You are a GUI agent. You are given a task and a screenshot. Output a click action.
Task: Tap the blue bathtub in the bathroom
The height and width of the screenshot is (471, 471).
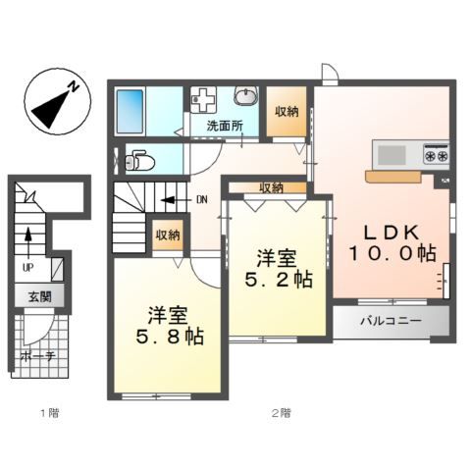click(x=131, y=112)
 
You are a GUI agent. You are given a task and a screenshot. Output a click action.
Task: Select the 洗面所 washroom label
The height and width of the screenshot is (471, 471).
click(x=226, y=126)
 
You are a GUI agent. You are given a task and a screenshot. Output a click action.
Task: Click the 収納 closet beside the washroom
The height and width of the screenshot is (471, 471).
click(x=287, y=112)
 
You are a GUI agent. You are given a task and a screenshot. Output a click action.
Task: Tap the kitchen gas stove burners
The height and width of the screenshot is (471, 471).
click(x=436, y=154)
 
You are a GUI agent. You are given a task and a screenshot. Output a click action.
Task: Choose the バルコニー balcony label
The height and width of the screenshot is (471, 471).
click(x=390, y=321)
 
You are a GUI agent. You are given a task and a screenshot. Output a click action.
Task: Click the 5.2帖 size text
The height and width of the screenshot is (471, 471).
click(x=279, y=280)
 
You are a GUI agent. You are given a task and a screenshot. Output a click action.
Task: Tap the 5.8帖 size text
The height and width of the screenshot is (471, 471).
click(x=169, y=337)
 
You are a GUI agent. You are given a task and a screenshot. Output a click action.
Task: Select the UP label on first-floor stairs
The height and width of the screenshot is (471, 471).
click(x=27, y=265)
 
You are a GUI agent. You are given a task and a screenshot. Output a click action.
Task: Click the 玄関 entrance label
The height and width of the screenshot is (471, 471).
click(x=38, y=297)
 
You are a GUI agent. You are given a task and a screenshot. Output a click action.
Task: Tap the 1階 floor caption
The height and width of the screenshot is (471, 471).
click(x=49, y=413)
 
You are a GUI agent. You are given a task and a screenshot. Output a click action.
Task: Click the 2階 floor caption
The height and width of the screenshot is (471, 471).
click(x=281, y=413)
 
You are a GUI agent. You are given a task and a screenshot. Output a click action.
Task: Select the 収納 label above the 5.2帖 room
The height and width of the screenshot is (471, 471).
click(x=272, y=187)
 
